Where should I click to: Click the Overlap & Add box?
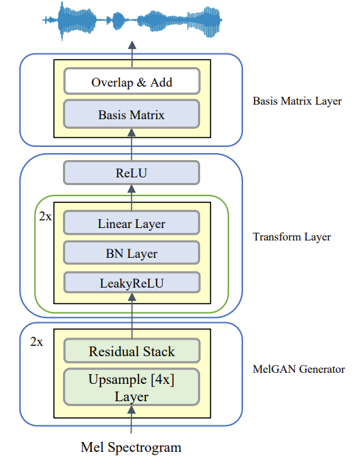[132, 81]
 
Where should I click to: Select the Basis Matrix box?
[132, 114]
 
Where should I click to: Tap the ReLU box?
[132, 173]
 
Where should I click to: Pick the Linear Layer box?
[132, 222]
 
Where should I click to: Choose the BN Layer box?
[132, 253]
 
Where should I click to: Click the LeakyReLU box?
[132, 282]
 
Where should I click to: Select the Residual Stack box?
[132, 351]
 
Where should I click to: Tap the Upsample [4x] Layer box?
[132, 387]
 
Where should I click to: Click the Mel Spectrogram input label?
[131, 447]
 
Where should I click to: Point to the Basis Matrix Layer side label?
[297, 101]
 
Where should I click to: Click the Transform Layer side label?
[291, 237]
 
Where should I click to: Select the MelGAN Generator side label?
[298, 369]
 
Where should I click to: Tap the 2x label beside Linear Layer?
[45, 216]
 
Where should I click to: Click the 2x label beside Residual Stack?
[37, 342]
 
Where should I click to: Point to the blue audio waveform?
[132, 20]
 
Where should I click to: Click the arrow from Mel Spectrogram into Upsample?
[132, 420]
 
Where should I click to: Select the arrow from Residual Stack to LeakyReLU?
[132, 316]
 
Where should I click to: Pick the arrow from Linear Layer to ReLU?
[132, 198]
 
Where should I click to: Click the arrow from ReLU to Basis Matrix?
[132, 145]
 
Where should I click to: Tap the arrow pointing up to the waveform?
[132, 54]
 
